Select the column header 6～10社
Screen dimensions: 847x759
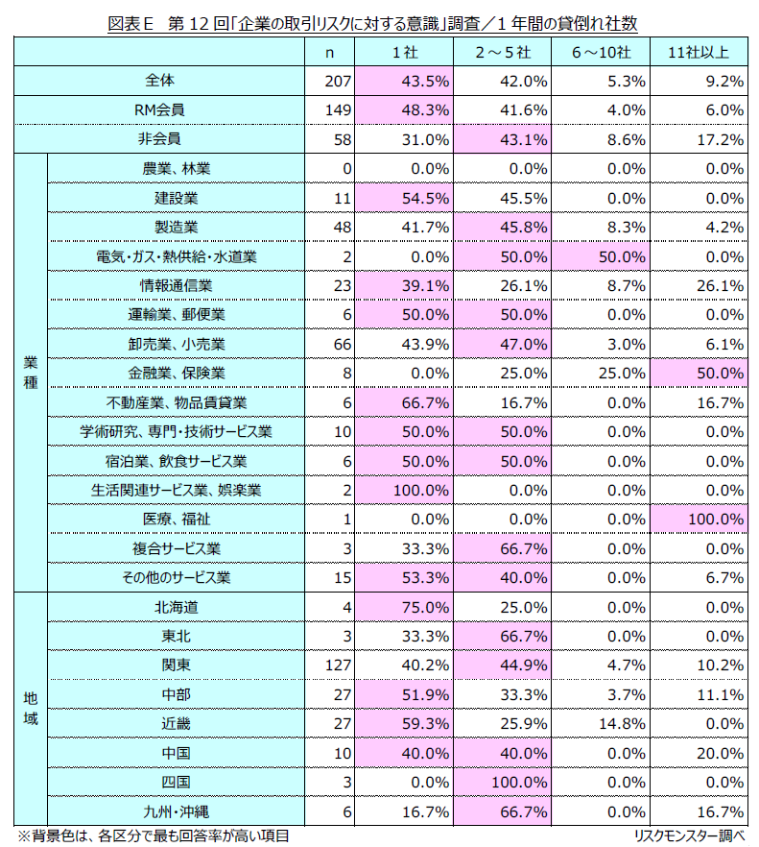point(600,52)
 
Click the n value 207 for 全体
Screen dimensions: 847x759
point(340,81)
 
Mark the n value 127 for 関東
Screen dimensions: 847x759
point(340,665)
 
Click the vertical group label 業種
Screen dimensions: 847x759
point(30,373)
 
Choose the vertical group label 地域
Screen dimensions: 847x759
point(30,710)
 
